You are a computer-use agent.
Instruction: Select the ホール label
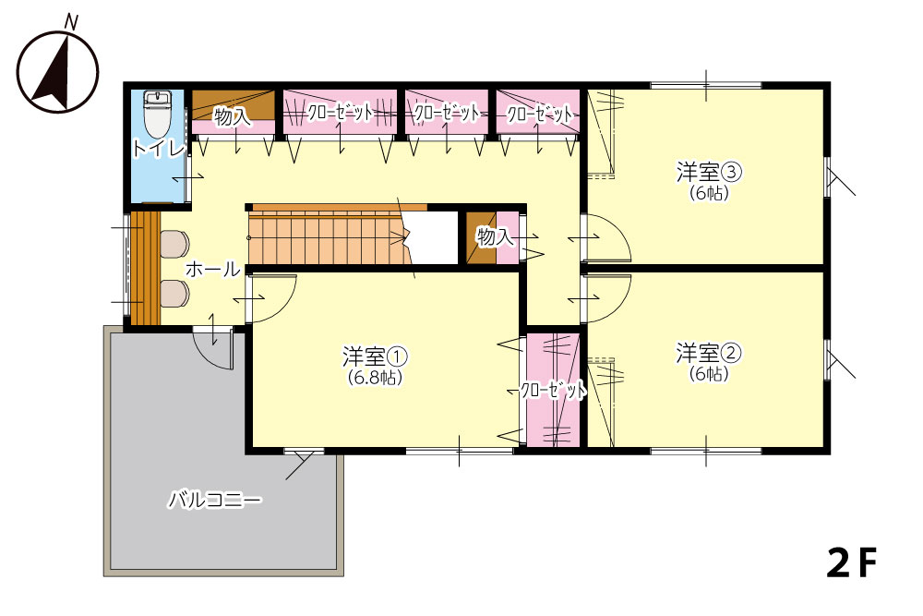click(213, 270)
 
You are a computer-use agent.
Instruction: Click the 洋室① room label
click(375, 356)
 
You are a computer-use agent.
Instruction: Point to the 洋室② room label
click(708, 354)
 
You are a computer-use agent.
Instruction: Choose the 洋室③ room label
click(708, 173)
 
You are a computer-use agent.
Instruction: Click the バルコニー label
click(215, 501)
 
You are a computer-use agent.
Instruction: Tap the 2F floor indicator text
click(852, 563)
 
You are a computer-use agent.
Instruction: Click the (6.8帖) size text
click(375, 378)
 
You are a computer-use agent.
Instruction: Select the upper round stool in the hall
click(174, 244)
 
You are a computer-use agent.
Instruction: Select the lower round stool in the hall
click(174, 294)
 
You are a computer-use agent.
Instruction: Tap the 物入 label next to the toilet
click(232, 117)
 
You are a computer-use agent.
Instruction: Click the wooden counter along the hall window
click(146, 268)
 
